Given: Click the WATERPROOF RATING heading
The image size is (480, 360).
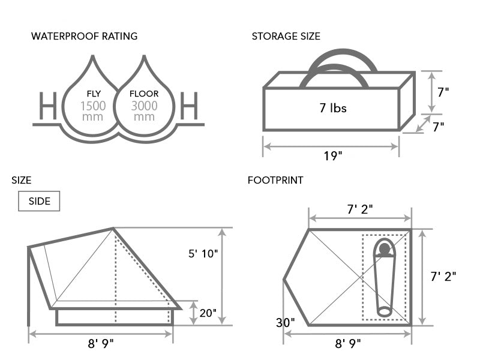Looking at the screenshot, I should point(84,36).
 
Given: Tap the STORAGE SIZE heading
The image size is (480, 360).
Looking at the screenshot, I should point(286,36).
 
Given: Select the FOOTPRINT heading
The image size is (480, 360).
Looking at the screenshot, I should point(275,180).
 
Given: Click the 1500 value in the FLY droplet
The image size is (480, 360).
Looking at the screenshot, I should point(94,106).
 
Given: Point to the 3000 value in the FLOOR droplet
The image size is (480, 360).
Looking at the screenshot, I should point(145,106).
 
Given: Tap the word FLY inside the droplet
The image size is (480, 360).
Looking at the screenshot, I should point(94,94).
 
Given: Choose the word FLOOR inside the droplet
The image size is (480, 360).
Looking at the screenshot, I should point(145,94).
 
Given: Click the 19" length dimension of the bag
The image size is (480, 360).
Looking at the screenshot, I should point(331,156).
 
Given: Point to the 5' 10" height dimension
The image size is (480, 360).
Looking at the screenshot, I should point(203,253).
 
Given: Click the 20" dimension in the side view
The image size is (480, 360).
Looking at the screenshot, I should point(208,313).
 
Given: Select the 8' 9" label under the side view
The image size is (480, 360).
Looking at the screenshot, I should point(100,343).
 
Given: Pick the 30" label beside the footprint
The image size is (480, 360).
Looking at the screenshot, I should point(285,322).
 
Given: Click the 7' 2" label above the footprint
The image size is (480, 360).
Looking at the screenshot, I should point(359,209).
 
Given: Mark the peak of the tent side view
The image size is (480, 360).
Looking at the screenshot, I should point(113,228).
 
